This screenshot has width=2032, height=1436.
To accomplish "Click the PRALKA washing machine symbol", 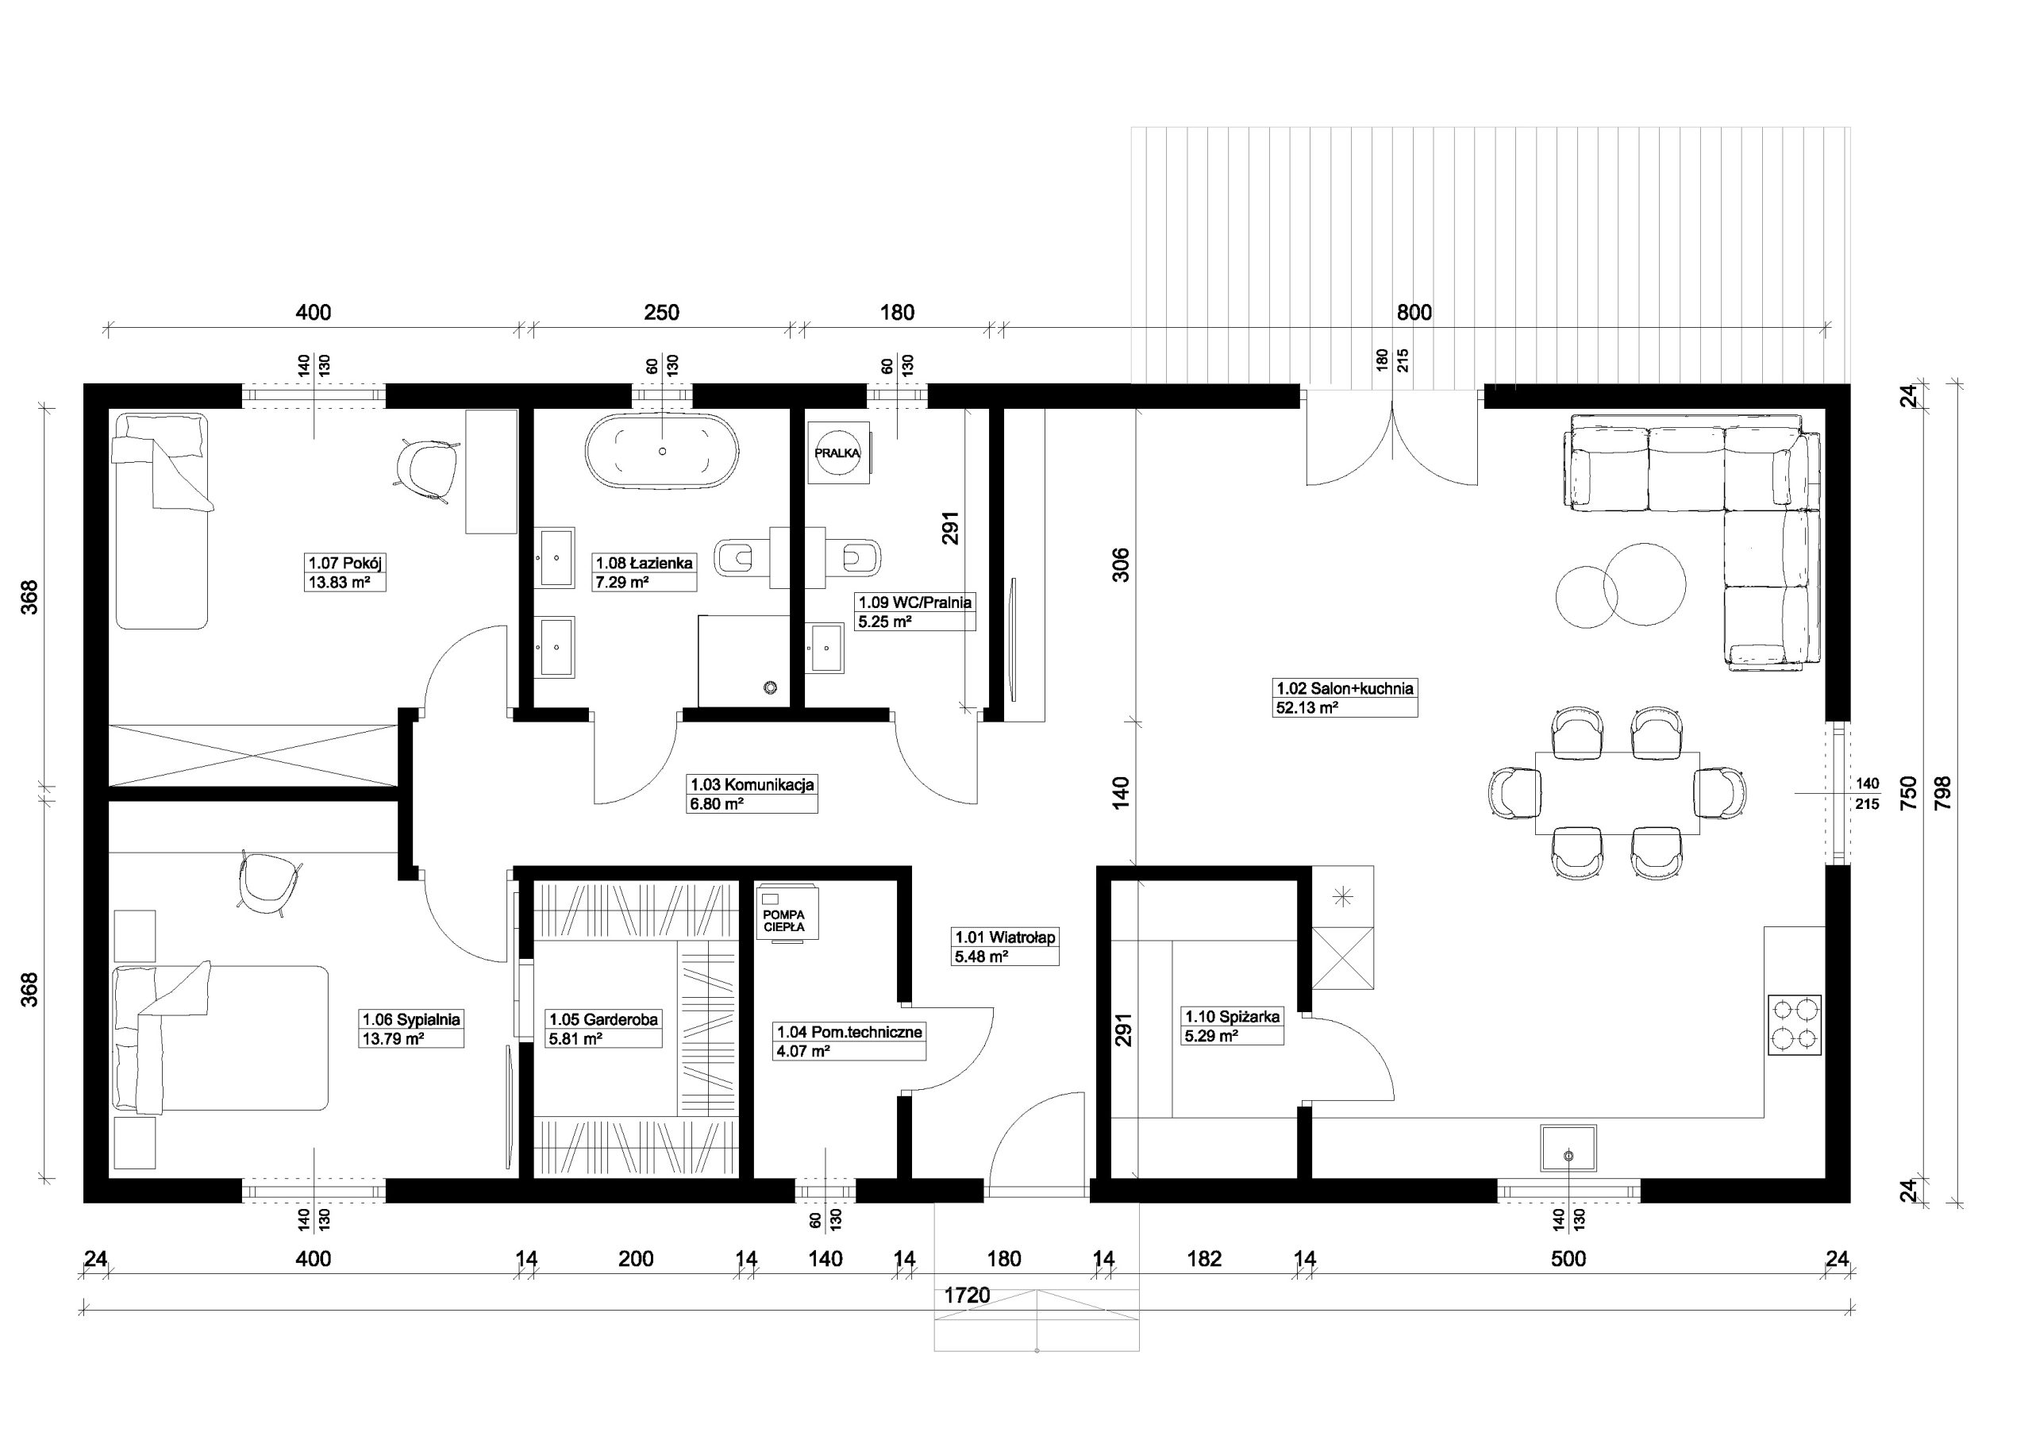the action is (x=837, y=452).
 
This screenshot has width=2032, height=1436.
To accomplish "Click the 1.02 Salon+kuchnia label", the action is (x=1345, y=688).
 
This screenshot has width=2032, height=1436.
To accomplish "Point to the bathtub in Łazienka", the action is (x=661, y=451).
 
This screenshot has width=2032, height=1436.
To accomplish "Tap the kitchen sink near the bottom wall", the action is (x=1568, y=1154).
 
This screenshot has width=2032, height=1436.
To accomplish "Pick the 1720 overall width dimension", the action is (x=968, y=1295).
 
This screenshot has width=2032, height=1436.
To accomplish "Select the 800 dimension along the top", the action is (x=1414, y=313).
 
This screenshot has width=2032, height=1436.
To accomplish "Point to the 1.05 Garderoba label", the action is (x=603, y=1019).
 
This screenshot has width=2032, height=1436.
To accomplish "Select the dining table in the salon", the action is (x=1617, y=792).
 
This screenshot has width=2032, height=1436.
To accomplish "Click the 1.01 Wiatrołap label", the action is (x=1005, y=937).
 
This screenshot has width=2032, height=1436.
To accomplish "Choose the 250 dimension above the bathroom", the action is (x=662, y=313).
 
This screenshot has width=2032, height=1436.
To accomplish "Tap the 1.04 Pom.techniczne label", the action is (x=849, y=1031).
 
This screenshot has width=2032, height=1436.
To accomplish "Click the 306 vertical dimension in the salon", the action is (x=1121, y=565).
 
